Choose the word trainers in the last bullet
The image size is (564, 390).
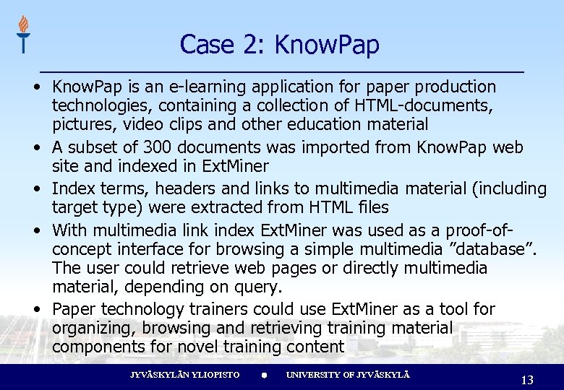point(217,309)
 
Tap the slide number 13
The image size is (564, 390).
point(526,380)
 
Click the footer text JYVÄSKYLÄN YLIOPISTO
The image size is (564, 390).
point(184,375)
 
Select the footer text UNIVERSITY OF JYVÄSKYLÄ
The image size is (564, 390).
point(348,375)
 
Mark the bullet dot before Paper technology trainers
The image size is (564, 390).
point(36,308)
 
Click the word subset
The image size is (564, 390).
point(90,148)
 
